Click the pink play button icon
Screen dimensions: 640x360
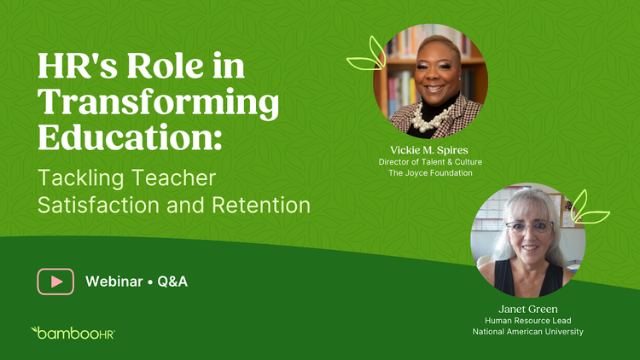(55, 282)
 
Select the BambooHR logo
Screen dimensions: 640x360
(73, 333)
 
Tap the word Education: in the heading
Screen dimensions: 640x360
(130, 137)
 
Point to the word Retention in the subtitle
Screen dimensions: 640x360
(261, 205)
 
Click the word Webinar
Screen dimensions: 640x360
(113, 282)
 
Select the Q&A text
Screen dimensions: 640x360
(172, 282)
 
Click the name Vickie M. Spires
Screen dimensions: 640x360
(429, 150)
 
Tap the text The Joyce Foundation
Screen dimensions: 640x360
(430, 173)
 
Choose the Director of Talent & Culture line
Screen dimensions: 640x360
(430, 162)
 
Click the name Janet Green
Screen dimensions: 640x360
(527, 309)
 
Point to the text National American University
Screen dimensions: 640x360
(527, 332)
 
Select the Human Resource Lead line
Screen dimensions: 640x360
(527, 321)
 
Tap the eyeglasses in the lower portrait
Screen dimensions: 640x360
(529, 227)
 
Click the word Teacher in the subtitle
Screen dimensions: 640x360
(173, 178)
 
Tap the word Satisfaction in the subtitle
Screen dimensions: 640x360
(98, 205)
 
